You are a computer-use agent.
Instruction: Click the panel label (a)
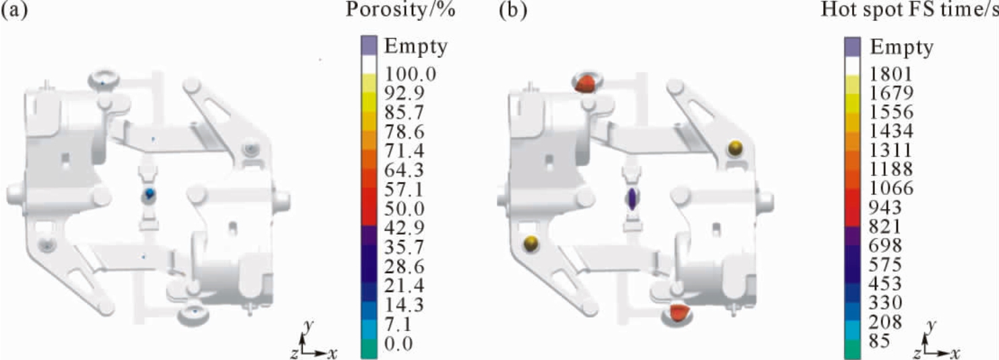pyautogui.click(x=14, y=10)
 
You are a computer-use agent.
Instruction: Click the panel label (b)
pyautogui.click(x=513, y=10)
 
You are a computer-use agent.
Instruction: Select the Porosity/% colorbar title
pyautogui.click(x=400, y=10)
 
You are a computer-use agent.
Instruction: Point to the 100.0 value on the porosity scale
pyautogui.click(x=411, y=73)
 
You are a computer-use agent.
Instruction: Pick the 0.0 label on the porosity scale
pyautogui.click(x=398, y=343)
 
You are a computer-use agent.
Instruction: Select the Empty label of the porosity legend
pyautogui.click(x=416, y=47)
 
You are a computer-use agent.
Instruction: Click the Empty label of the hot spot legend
pyautogui.click(x=901, y=47)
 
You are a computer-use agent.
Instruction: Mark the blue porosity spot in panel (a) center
pyautogui.click(x=150, y=193)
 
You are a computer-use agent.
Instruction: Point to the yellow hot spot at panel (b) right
pyautogui.click(x=735, y=147)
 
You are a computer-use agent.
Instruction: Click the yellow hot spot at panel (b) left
pyautogui.click(x=531, y=243)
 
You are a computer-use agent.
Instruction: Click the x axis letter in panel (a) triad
pyautogui.click(x=332, y=353)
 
